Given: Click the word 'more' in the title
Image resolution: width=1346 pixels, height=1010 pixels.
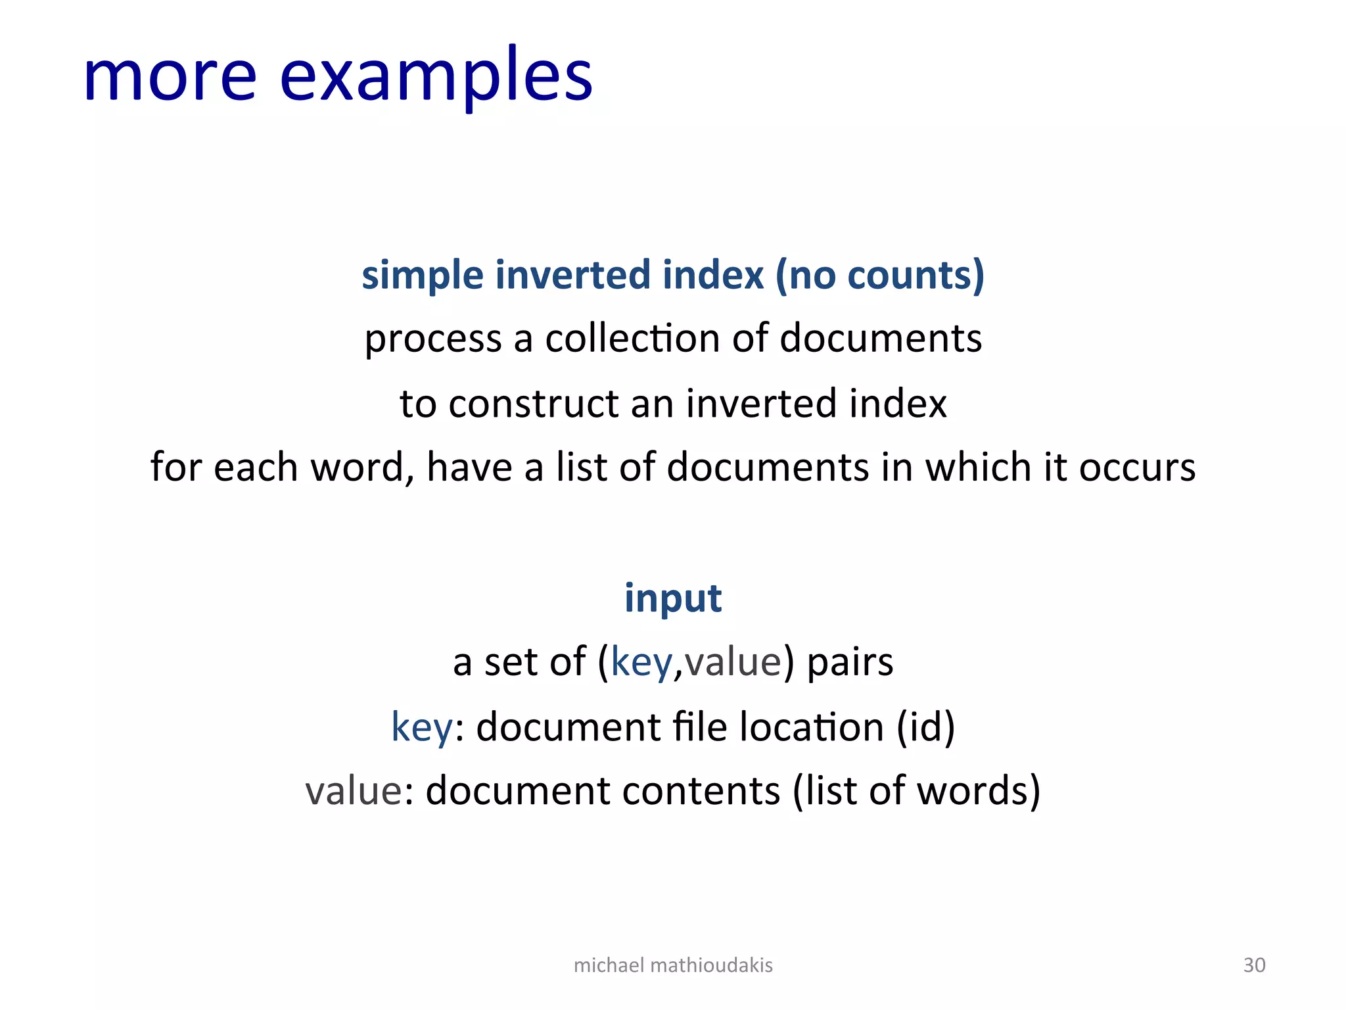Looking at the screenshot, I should tap(170, 78).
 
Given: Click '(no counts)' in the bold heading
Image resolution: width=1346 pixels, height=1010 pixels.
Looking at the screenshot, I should tap(880, 275).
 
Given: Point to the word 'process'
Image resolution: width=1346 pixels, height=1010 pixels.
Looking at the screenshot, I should tap(432, 339).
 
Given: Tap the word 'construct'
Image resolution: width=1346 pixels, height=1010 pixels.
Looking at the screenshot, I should tap(534, 403).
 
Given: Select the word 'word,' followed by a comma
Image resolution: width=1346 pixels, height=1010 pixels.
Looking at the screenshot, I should tap(362, 468).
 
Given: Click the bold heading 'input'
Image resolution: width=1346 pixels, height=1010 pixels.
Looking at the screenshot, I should tap(673, 599).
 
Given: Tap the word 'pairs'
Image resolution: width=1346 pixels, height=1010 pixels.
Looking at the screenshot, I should tap(850, 662).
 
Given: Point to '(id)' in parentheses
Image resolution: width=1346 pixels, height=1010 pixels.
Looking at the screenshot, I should tap(926, 727).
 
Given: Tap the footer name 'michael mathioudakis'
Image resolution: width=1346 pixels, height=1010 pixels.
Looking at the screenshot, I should tap(673, 965).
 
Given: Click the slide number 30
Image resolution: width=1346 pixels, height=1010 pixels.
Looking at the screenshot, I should tap(1254, 965).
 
